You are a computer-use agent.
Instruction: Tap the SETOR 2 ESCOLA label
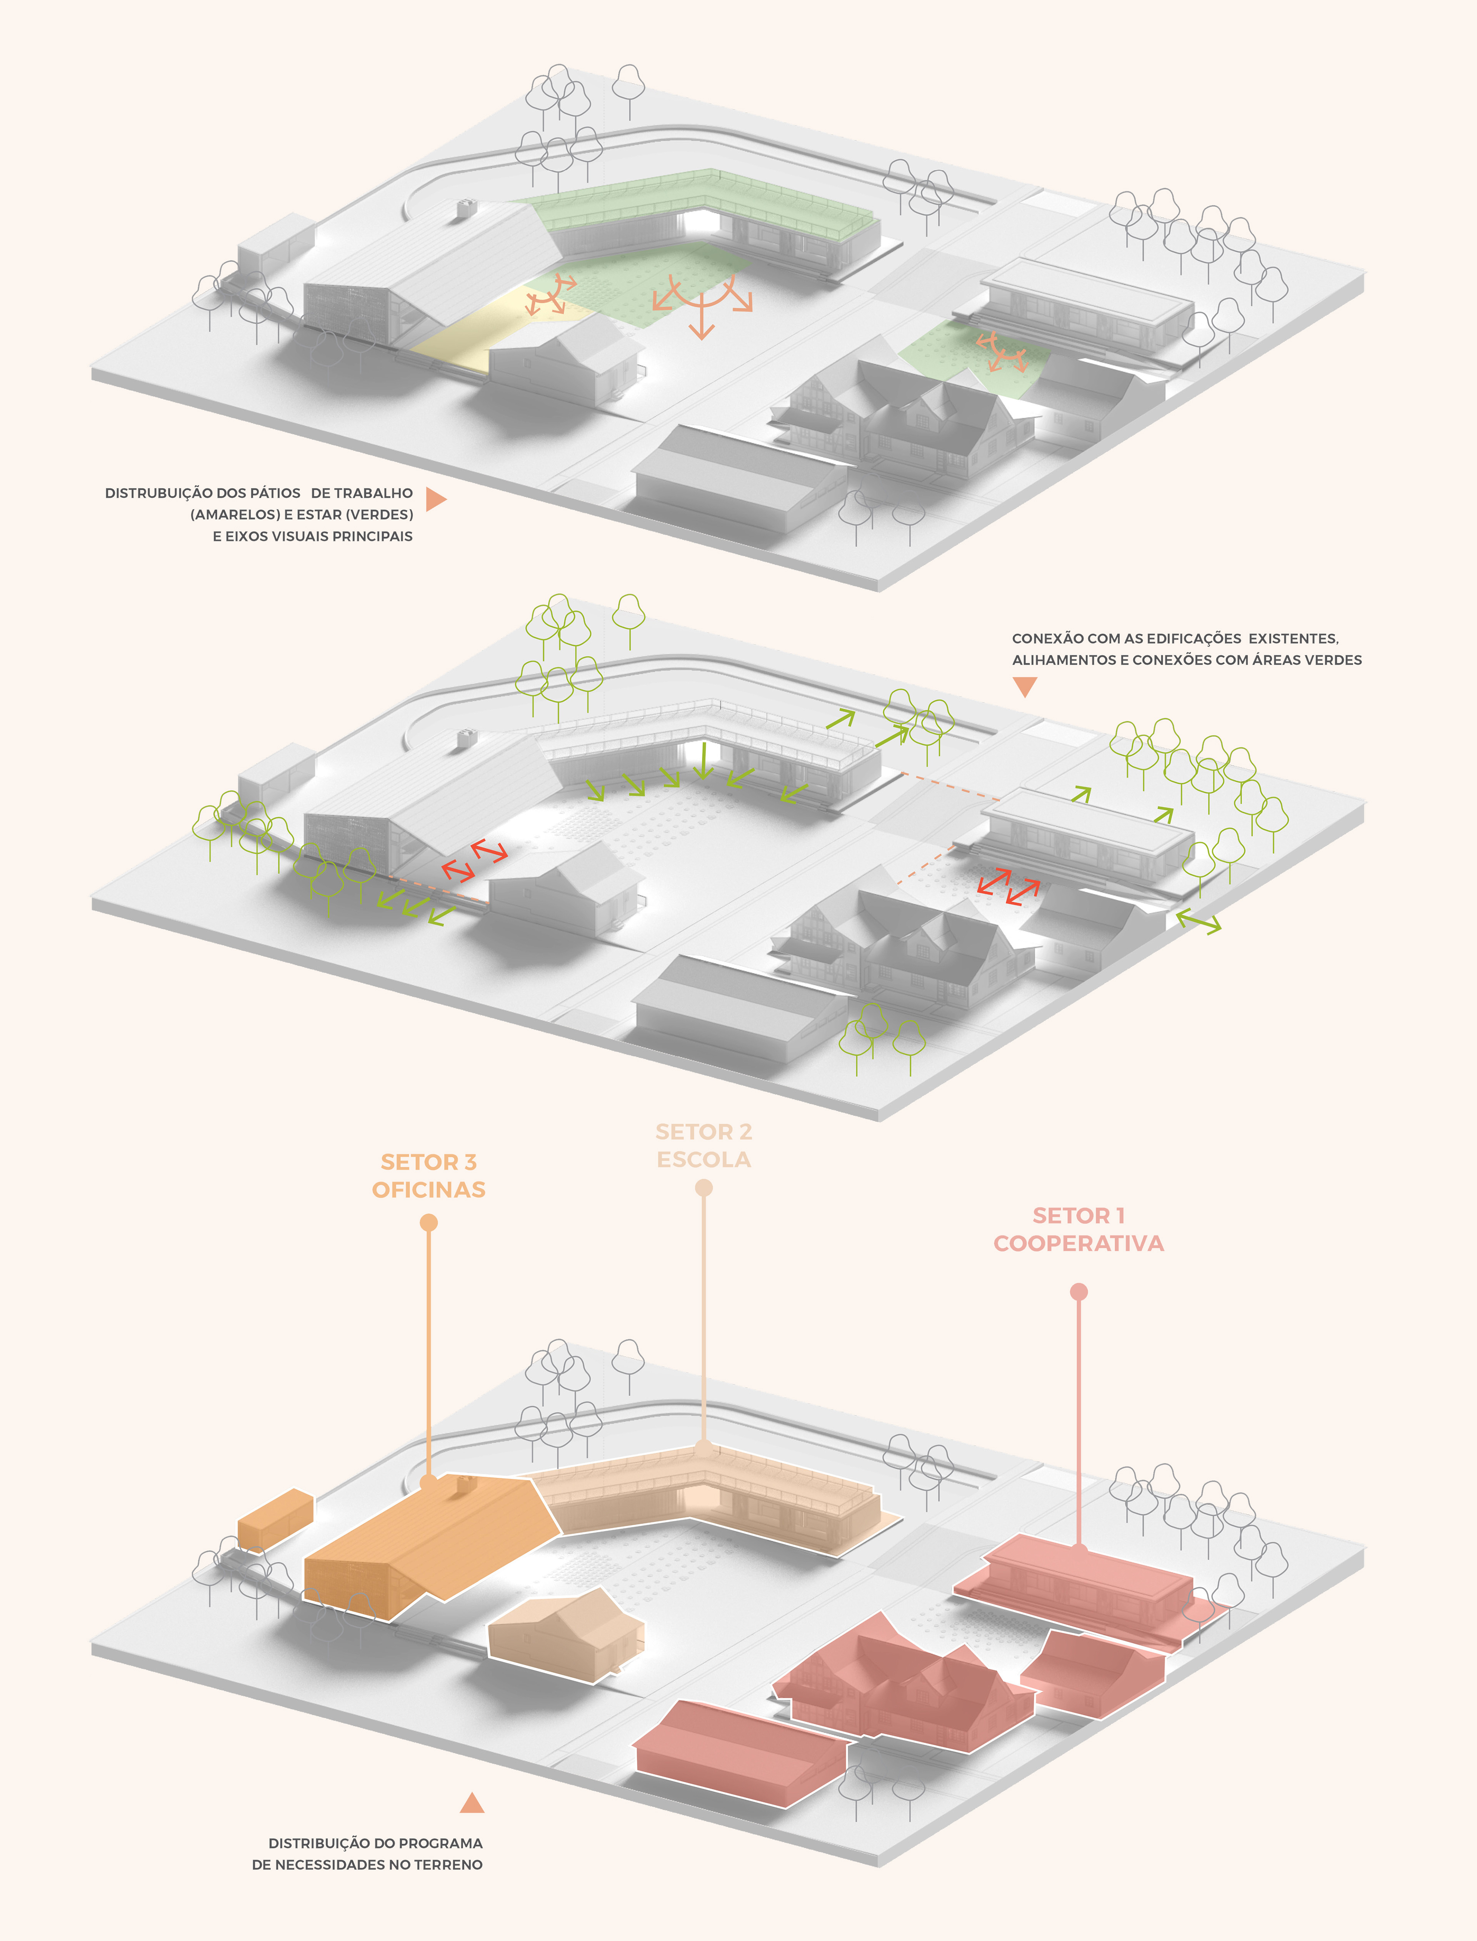703,1145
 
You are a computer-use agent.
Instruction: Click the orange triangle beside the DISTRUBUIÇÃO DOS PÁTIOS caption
435,499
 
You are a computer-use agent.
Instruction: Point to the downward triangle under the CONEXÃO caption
1024,686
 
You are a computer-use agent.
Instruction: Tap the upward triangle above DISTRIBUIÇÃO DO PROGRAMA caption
472,1804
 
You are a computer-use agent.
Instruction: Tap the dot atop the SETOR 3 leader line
429,1222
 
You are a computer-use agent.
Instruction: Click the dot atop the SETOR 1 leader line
1079,1292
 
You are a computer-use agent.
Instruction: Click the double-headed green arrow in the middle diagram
1198,922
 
